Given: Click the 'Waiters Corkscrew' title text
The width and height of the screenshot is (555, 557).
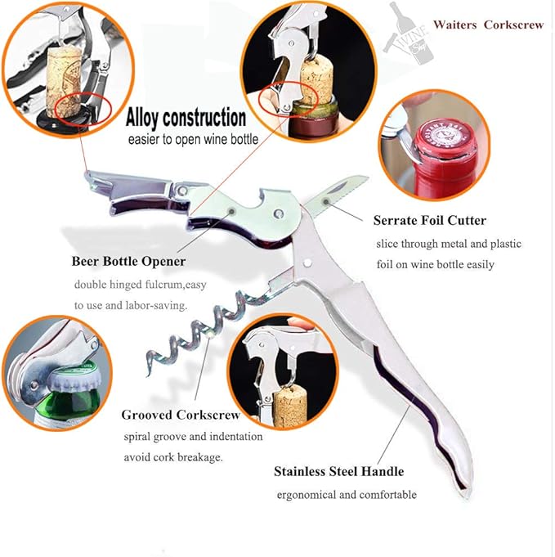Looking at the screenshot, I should (x=489, y=25).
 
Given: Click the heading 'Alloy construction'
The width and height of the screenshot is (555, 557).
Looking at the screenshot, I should (x=186, y=118).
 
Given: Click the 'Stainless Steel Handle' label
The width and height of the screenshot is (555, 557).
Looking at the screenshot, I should (x=338, y=471).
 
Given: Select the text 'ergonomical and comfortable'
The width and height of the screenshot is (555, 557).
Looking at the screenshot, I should (x=347, y=495).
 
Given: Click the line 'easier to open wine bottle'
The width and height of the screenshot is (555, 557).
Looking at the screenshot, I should (x=193, y=140).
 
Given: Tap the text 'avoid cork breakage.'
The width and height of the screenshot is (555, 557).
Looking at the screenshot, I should (x=173, y=457).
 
